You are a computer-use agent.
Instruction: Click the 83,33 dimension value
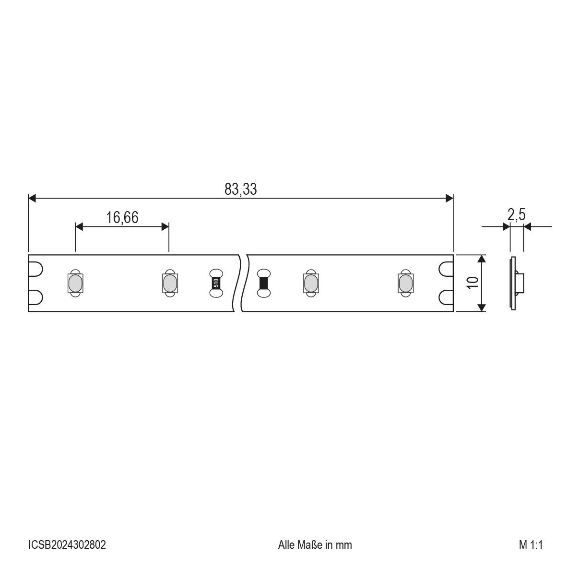[240, 189]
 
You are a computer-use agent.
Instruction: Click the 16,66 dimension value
[122, 218]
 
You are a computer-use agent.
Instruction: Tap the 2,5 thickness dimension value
[516, 215]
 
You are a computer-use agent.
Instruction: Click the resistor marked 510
[216, 283]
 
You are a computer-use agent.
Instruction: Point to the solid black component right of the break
[263, 283]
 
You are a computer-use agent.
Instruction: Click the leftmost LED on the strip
[75, 283]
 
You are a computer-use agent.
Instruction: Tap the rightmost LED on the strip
[405, 283]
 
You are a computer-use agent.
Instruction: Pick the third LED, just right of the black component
[310, 283]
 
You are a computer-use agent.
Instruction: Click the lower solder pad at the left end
[36, 297]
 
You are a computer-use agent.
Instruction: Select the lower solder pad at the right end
[446, 297]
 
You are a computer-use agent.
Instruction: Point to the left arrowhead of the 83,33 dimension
[32, 198]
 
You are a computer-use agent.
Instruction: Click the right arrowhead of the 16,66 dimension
[165, 226]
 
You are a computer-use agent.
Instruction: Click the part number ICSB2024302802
[67, 545]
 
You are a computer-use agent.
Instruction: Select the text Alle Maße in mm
[315, 545]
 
